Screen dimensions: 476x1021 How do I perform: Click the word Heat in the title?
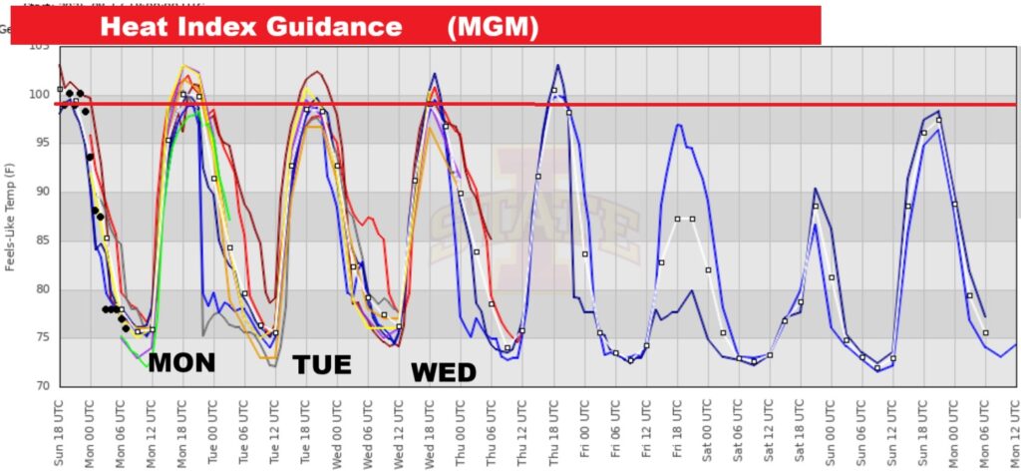133,27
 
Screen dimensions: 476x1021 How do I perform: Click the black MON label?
181,363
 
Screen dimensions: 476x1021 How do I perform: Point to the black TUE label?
322,365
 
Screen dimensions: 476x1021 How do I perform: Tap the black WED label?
444,372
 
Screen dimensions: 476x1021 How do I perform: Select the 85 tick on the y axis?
41,240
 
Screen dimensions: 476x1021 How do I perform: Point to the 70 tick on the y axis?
41,386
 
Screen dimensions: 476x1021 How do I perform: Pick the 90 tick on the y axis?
41,192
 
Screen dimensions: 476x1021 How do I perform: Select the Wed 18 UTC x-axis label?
429,429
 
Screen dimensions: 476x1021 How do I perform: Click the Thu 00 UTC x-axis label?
460,429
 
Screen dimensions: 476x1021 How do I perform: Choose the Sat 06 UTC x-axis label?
738,429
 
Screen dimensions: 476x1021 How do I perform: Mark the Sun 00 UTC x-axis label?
831,429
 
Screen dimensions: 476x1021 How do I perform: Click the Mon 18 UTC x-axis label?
181,429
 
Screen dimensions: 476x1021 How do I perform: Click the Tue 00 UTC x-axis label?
212,429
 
